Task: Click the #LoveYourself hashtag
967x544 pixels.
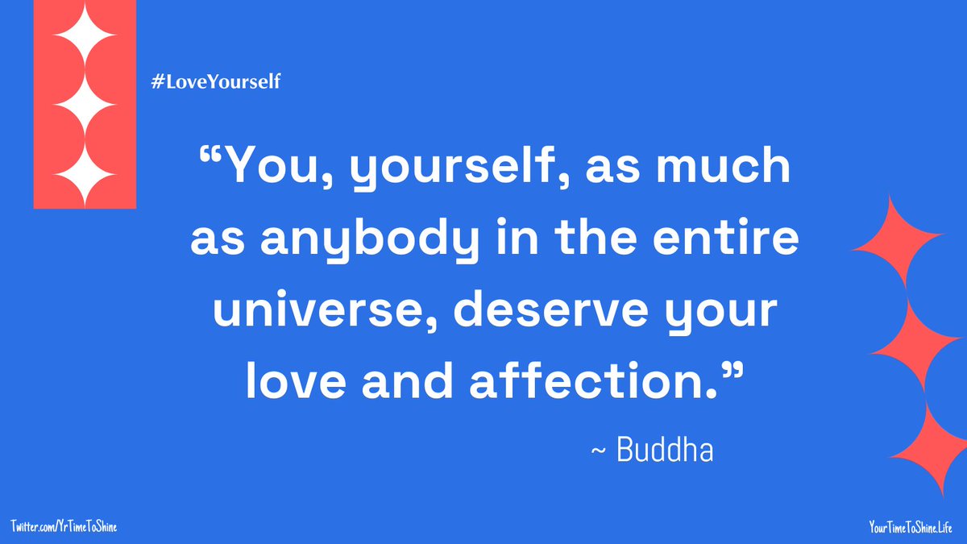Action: click(x=215, y=81)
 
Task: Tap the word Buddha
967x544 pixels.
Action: click(x=665, y=450)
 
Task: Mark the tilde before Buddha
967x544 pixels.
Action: click(x=598, y=451)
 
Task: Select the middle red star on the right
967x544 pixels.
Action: click(x=919, y=343)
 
